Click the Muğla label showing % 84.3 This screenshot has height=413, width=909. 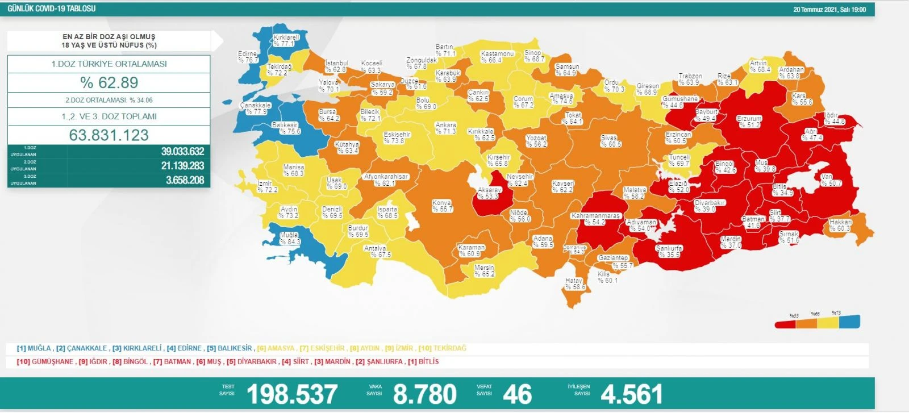(289, 239)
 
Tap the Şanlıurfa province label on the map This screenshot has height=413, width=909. (669, 252)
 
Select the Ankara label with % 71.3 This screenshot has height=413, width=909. (445, 128)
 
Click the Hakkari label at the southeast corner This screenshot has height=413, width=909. (840, 226)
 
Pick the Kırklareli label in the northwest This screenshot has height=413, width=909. (286, 40)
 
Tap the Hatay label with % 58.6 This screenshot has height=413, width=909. (574, 284)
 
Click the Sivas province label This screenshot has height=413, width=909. (610, 141)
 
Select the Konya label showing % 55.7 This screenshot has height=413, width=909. (442, 206)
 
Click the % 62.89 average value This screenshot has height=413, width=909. (109, 83)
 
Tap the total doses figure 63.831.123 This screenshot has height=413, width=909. (109, 135)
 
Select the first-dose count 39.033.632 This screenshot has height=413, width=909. (182, 152)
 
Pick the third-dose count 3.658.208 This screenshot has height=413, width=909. (185, 181)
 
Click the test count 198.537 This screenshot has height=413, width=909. (292, 394)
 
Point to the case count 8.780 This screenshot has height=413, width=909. (424, 394)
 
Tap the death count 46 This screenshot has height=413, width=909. (517, 394)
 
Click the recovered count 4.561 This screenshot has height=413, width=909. (631, 394)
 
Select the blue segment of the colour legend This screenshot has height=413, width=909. (850, 322)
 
